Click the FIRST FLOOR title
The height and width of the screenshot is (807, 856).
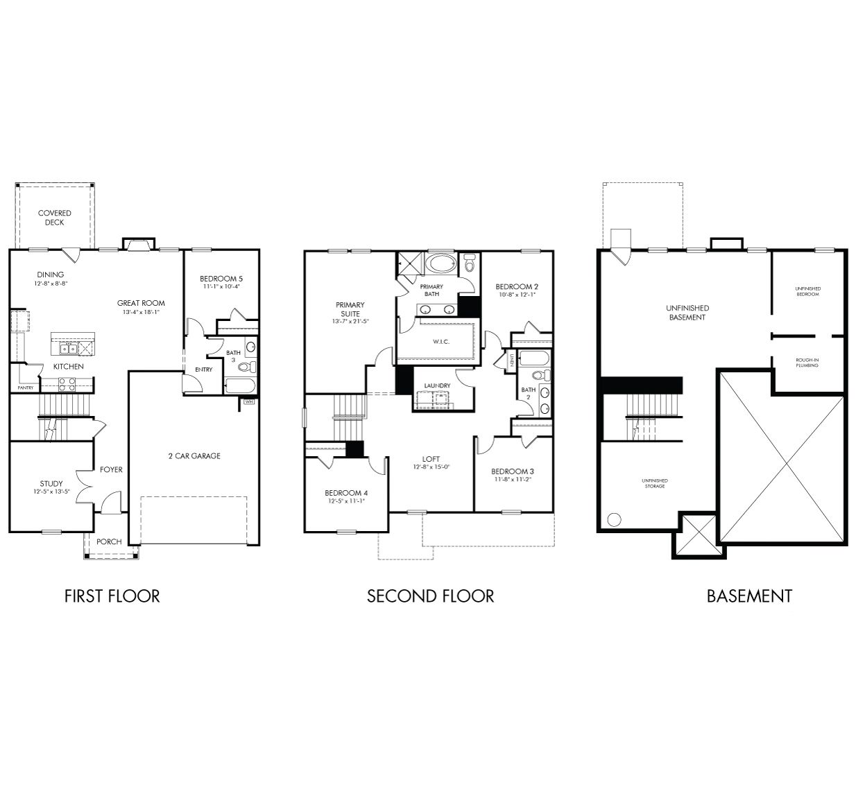point(112,596)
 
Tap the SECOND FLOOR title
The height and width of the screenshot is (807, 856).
point(430,596)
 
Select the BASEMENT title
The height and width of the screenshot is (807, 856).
point(749,596)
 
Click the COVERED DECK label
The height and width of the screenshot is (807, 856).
point(55,218)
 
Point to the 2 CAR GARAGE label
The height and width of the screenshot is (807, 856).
point(194,455)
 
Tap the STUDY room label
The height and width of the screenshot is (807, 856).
point(51,483)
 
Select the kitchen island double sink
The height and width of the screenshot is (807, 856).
point(67,348)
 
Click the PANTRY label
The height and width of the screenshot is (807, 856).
point(26,388)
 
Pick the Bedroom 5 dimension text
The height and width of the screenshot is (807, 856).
point(223,286)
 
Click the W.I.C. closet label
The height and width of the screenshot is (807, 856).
point(442,341)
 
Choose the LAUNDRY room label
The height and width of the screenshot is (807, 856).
point(437,385)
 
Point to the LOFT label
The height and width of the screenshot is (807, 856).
point(431,459)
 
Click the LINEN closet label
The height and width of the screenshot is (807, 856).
point(511,359)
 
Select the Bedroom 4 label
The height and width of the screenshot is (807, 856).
point(346,493)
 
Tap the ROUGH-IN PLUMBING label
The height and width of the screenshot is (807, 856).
point(807,362)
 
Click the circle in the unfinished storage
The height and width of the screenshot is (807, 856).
point(613,519)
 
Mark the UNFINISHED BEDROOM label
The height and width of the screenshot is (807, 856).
point(807,291)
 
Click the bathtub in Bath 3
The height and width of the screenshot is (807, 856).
point(241,385)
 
